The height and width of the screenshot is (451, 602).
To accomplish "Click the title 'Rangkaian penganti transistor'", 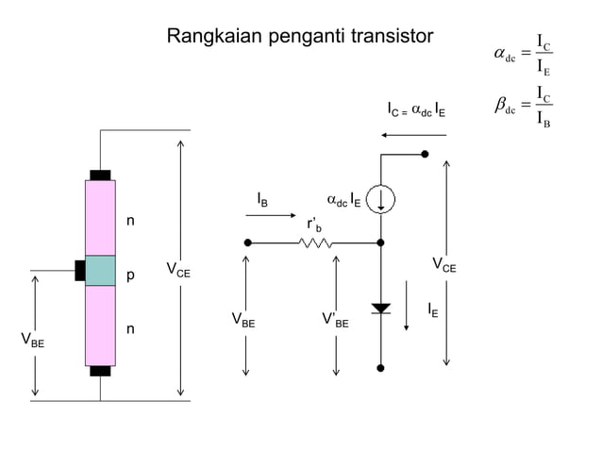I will (300, 37).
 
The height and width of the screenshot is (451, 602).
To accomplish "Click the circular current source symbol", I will (380, 199).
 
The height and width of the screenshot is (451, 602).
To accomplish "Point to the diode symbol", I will (380, 309).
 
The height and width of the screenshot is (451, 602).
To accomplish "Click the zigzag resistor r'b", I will (314, 242).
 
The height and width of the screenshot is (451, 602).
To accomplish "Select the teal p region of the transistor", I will (100, 271).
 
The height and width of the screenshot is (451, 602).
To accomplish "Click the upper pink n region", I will (100, 218).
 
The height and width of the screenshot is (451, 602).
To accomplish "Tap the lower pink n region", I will (100, 326).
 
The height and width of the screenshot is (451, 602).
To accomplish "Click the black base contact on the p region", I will (80, 271).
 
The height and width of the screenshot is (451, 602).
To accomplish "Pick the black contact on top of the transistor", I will (100, 175).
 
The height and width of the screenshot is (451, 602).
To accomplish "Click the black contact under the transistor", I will (100, 371).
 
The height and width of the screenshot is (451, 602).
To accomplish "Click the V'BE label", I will (336, 322).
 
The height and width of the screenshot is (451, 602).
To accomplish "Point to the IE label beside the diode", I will (431, 309).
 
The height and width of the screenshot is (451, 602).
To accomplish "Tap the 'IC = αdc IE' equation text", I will (416, 110).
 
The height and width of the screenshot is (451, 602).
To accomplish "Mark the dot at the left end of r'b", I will (247, 242).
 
